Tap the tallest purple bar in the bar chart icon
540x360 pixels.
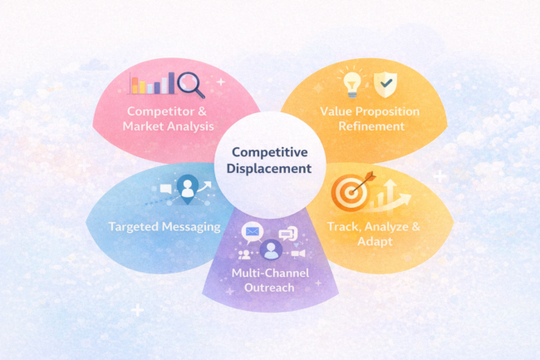click(x=171, y=82)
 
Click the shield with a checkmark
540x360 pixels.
click(x=384, y=83)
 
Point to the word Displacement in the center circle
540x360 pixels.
click(x=271, y=168)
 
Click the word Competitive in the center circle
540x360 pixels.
click(x=271, y=152)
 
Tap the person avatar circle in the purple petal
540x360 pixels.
click(x=270, y=249)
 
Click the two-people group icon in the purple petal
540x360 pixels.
click(x=244, y=254)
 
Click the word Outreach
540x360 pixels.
click(x=270, y=287)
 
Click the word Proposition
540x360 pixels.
click(x=389, y=111)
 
